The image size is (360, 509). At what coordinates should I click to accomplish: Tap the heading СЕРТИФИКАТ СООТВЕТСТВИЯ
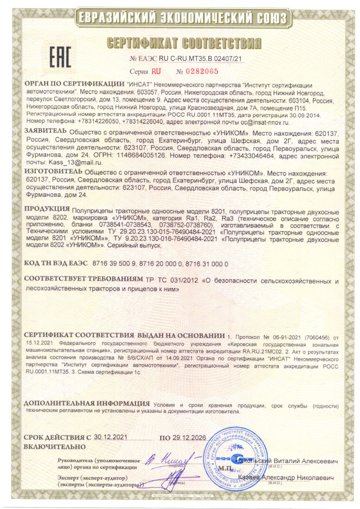click(184, 43)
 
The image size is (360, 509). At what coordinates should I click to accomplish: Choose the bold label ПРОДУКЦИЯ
click(46, 209)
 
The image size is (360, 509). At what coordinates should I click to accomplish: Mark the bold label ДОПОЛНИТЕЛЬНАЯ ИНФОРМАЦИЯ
click(87, 403)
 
